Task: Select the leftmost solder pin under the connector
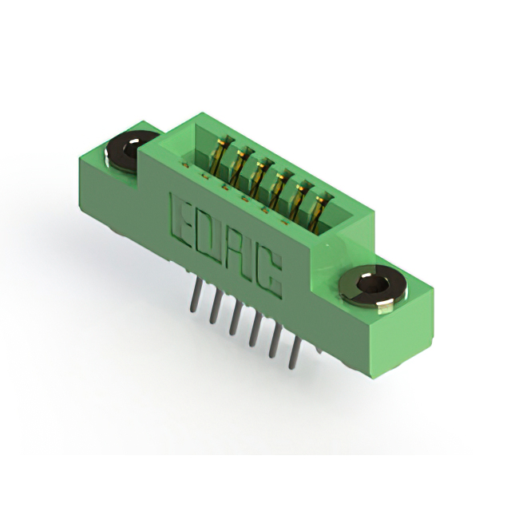click(194, 298)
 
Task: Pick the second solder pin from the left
click(214, 307)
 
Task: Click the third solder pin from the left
click(234, 318)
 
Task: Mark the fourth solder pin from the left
click(254, 329)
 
